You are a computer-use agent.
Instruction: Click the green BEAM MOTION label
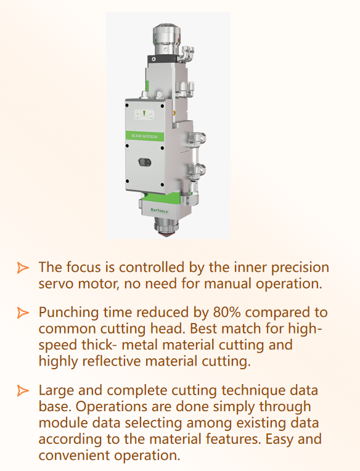pos(144,136)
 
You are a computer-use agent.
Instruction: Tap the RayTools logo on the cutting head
pos(159,210)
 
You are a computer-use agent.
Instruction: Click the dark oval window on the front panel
pos(145,162)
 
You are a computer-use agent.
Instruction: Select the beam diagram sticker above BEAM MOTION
pos(144,115)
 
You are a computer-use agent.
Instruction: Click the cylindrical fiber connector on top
pos(166,39)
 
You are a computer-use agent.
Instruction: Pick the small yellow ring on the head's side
pos(174,113)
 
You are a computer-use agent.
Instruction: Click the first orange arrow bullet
pos(23,268)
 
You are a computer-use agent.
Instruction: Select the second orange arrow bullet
pos(23,313)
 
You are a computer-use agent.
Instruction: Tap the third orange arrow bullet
pos(23,390)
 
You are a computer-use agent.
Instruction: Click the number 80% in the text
pos(227,313)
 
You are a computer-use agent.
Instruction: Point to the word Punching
pos(68,314)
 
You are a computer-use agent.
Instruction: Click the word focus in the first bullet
pos(83,268)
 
